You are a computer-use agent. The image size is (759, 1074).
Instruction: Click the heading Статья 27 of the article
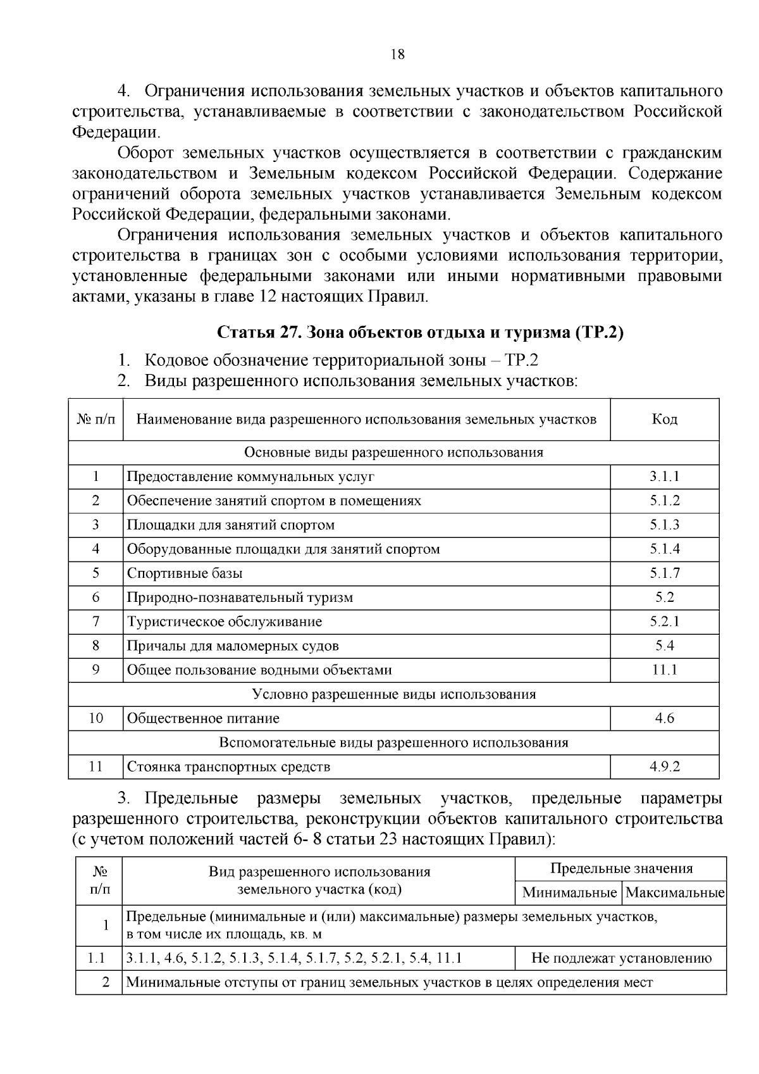coord(420,332)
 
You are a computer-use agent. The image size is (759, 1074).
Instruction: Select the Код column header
coord(664,420)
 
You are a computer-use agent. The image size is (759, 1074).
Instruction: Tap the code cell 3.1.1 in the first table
coord(664,477)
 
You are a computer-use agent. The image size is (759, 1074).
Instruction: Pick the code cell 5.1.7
coord(664,573)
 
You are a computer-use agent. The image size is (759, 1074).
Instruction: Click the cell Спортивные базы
coord(185,573)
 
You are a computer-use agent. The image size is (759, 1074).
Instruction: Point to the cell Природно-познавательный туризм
coord(240,597)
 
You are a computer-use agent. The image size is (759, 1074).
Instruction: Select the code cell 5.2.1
coord(664,621)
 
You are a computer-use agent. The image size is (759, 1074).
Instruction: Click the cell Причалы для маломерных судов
coord(233,646)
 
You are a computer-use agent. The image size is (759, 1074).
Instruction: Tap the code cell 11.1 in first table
coord(664,670)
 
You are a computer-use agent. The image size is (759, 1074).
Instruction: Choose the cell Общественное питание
coord(203,718)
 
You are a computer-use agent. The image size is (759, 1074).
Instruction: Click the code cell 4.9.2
coord(664,767)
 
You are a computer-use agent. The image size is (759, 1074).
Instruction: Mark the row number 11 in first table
coord(96,767)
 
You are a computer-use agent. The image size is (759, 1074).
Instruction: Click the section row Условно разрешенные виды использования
coord(393,694)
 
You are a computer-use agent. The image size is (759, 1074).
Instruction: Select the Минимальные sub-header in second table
coord(569,893)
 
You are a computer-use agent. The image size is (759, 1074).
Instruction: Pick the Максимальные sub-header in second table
coord(674,893)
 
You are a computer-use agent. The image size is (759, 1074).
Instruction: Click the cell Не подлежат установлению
coord(621,958)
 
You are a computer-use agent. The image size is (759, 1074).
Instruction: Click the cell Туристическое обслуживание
coord(225,621)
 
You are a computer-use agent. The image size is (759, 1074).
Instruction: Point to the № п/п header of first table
coord(96,420)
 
